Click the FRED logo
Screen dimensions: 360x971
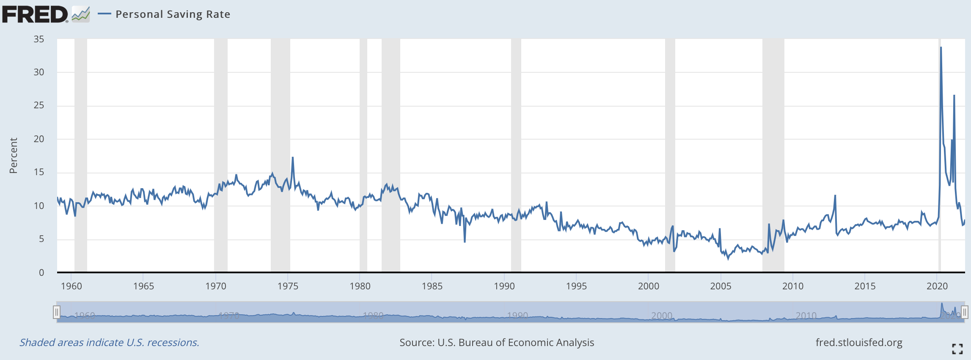[35, 14]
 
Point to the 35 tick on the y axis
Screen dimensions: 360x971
[39, 39]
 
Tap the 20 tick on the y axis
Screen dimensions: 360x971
[39, 139]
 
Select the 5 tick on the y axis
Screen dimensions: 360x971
[41, 239]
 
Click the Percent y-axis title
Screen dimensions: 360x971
[14, 155]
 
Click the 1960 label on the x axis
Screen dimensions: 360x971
[72, 286]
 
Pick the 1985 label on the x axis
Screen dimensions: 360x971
[432, 286]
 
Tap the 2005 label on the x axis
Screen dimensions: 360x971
[721, 286]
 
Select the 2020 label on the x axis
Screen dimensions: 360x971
[937, 286]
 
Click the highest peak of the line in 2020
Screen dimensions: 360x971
[941, 47]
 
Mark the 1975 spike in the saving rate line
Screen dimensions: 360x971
[292, 158]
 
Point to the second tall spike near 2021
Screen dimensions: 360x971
[954, 96]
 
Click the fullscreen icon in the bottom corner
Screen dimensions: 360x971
[957, 349]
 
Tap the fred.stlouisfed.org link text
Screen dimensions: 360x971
[858, 342]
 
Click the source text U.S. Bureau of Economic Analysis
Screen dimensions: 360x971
[497, 342]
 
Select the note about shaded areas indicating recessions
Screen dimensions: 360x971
[109, 342]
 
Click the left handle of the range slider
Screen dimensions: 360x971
[57, 312]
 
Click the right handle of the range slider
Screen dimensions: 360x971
[964, 312]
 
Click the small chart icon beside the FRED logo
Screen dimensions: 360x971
[80, 14]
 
